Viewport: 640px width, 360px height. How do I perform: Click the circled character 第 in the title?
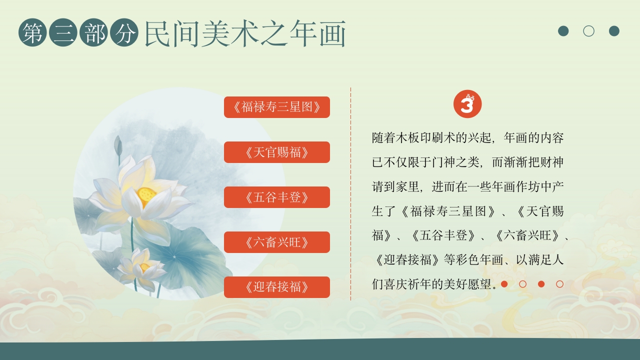pos(33,33)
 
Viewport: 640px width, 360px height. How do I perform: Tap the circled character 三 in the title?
pos(63,33)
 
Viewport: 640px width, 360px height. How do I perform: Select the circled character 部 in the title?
pos(94,33)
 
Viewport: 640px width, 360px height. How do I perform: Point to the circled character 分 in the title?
pos(124,33)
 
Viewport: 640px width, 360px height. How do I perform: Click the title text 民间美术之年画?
pos(245,34)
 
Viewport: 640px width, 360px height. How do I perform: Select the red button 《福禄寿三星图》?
pos(276,107)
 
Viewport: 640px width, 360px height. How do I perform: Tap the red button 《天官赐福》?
pos(276,152)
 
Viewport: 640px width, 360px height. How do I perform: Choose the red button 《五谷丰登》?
pos(276,197)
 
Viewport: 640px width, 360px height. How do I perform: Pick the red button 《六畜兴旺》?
pos(276,242)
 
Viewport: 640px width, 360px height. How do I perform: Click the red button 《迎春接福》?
pos(276,287)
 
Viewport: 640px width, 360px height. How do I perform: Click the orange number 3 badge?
pos(467,104)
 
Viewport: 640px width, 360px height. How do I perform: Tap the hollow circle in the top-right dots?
pos(588,31)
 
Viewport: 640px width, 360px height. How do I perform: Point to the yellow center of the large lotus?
pos(146,194)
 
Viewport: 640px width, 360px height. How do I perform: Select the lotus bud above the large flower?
pos(118,145)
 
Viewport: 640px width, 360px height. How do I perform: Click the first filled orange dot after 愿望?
pos(504,284)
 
